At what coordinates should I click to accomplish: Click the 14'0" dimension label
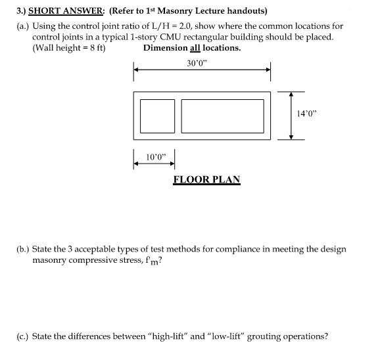click(306, 112)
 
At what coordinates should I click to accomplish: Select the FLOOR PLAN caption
click(206, 179)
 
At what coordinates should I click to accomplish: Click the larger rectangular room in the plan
click(222, 115)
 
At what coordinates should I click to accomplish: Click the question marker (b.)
click(23, 250)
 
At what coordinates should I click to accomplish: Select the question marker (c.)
click(23, 336)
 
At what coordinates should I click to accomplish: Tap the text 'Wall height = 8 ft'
click(70, 48)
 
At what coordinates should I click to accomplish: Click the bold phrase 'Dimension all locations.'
click(192, 48)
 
